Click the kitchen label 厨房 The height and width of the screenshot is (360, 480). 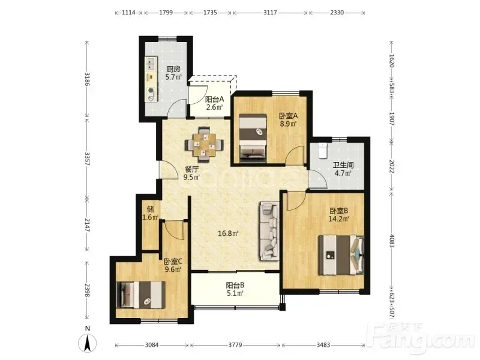pyautogui.click(x=173, y=69)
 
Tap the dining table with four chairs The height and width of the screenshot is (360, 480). pyautogui.click(x=204, y=144)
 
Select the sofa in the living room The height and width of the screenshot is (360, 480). pyautogui.click(x=269, y=231)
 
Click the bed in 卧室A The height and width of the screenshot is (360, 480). pyautogui.click(x=253, y=137)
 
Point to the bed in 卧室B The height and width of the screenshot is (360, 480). pyautogui.click(x=341, y=254)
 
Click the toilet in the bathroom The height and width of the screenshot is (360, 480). pyautogui.click(x=323, y=150)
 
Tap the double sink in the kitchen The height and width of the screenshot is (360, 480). pyautogui.click(x=151, y=64)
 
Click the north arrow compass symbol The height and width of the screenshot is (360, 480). pyautogui.click(x=88, y=343)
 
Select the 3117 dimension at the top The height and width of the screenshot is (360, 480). pyautogui.click(x=271, y=13)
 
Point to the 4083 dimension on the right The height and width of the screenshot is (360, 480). pyautogui.click(x=392, y=241)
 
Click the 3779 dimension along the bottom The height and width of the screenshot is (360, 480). pyautogui.click(x=235, y=345)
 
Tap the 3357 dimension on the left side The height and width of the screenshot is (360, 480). pyautogui.click(x=87, y=158)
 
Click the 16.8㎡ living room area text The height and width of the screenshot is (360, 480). pyautogui.click(x=229, y=233)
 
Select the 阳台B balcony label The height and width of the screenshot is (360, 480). pyautogui.click(x=235, y=286)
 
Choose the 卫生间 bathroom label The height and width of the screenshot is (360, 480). pyautogui.click(x=343, y=166)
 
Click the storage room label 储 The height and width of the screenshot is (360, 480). pyautogui.click(x=150, y=209)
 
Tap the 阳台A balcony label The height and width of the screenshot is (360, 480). pyautogui.click(x=214, y=99)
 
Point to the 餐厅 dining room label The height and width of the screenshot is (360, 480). pyautogui.click(x=192, y=169)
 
